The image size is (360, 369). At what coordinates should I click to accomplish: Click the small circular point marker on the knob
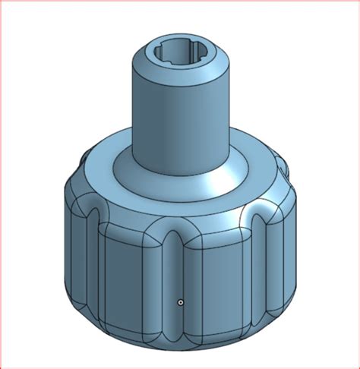180,302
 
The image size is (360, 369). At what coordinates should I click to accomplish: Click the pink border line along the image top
180,1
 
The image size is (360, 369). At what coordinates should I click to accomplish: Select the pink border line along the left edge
1,184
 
